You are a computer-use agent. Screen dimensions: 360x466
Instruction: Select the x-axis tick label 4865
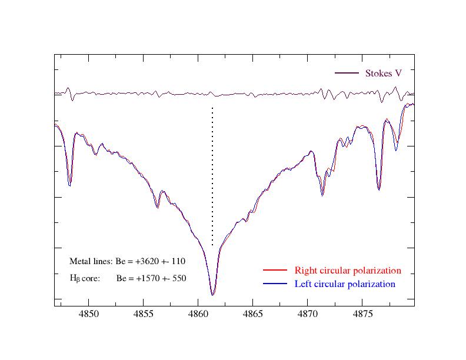[x=253, y=315]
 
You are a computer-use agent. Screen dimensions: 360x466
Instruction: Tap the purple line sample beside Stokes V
[x=347, y=74]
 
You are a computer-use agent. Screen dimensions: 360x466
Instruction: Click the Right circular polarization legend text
[x=348, y=271]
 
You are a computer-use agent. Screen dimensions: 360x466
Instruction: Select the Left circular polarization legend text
[x=345, y=284]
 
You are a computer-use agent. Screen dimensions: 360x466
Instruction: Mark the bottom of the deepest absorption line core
[x=212, y=295]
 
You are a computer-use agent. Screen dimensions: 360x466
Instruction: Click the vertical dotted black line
[x=212, y=176]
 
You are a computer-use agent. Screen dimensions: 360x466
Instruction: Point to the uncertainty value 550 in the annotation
[x=179, y=278]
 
